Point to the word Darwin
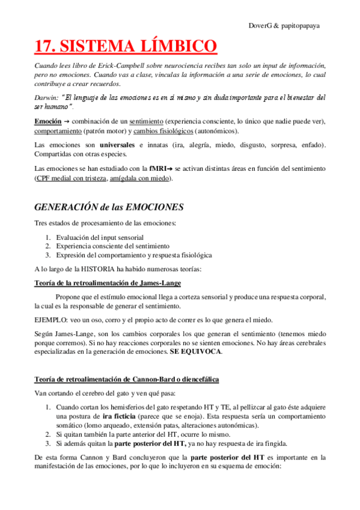tap(46, 97)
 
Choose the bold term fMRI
tap(158, 168)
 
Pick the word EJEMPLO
tap(52, 319)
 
